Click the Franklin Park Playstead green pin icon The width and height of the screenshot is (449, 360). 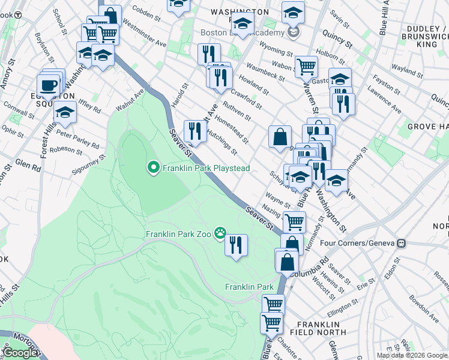coord(153,168)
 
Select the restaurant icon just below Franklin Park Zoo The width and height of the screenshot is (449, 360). coord(236,245)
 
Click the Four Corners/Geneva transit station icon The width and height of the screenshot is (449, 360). coord(400,243)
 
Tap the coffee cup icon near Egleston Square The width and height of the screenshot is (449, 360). coord(48,85)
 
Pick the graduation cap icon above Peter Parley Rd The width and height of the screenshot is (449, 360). coord(65,112)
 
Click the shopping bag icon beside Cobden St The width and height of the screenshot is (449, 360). coord(110,15)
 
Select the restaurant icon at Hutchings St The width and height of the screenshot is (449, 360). coord(194,130)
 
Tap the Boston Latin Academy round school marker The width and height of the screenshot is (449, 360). coord(293,31)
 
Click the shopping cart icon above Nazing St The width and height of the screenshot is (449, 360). coord(294,221)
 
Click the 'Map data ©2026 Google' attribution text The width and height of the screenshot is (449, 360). coord(411,355)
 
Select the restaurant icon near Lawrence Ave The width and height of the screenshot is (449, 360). coord(344,103)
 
